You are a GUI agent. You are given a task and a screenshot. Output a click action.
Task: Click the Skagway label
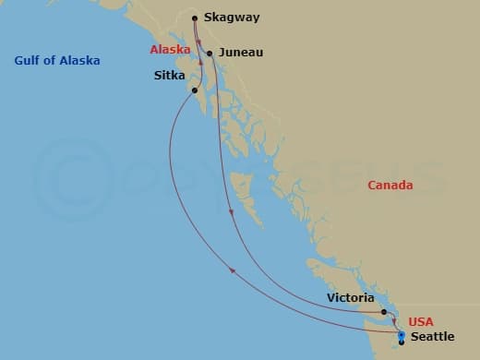point(233,18)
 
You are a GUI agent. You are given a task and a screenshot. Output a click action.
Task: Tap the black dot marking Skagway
point(195,18)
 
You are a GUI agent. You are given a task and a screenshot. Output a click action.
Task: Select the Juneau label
point(240,53)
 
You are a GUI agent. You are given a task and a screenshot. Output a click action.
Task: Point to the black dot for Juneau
point(210,54)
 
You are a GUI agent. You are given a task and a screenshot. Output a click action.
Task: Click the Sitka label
point(170,76)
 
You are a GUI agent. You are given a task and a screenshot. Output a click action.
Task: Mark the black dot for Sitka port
point(194,90)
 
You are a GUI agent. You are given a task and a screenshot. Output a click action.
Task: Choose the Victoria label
point(350,298)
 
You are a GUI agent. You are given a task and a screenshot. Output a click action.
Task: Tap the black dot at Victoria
point(383,312)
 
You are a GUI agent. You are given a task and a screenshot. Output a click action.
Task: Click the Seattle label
point(432,337)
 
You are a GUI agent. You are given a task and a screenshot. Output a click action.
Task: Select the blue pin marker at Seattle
point(401,334)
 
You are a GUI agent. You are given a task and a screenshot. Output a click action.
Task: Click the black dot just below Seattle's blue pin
point(402,342)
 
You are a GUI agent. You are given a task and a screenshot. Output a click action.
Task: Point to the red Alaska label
point(171,48)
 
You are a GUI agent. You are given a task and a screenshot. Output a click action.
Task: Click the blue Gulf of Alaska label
point(57,61)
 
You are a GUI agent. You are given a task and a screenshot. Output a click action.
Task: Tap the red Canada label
point(390,186)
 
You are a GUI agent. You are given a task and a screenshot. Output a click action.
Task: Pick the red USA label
point(420,321)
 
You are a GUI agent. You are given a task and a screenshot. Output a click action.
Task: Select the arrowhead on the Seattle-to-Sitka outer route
point(232,270)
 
